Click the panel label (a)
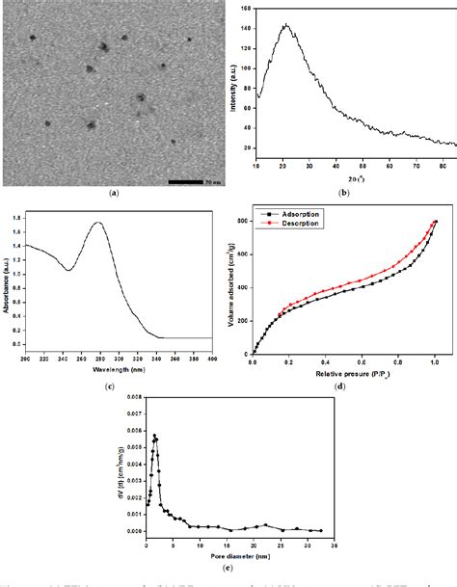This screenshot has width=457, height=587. point(114,193)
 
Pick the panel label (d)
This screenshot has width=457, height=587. point(342,386)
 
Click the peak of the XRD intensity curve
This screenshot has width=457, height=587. point(285,26)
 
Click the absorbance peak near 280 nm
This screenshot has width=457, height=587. point(98,223)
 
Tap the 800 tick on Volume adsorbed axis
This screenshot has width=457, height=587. point(243,222)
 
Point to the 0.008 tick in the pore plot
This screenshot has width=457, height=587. point(135,396)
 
